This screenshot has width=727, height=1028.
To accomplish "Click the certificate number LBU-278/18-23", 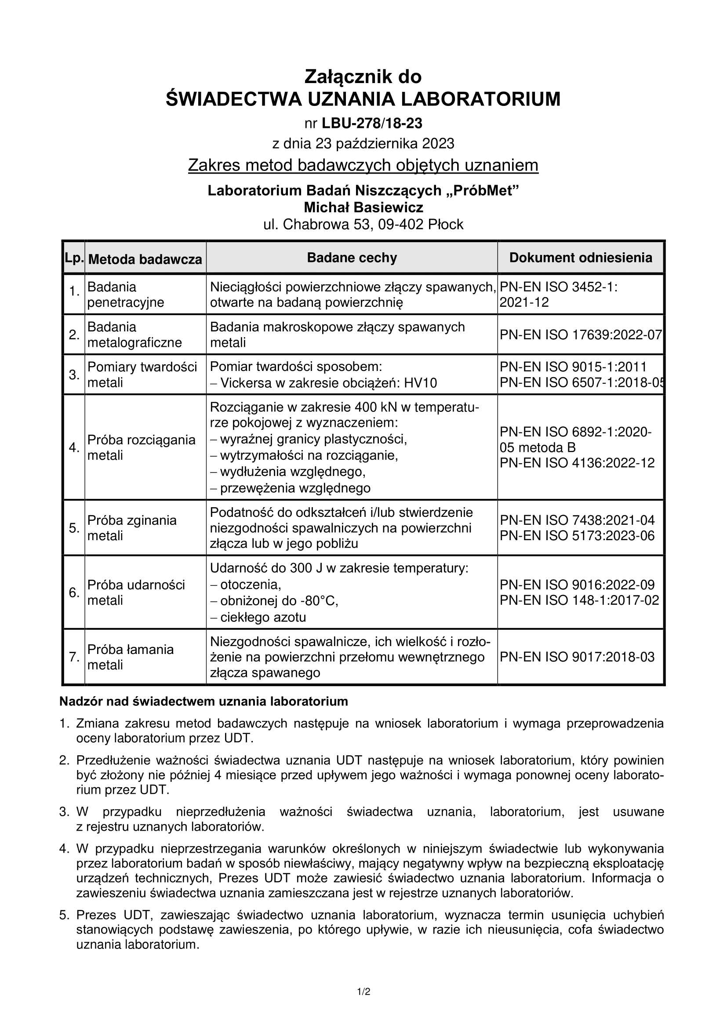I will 371,123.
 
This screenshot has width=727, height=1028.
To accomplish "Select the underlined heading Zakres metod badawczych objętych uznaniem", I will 363,165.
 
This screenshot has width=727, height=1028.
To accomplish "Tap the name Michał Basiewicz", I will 363,207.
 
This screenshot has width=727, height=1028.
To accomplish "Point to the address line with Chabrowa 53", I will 363,224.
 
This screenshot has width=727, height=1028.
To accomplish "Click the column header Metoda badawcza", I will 145,259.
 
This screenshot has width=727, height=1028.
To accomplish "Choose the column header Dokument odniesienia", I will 581,258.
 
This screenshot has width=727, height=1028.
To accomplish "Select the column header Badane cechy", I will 352,258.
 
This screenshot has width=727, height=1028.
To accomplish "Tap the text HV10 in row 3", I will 420,383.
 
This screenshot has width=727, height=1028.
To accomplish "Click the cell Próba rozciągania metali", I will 141,447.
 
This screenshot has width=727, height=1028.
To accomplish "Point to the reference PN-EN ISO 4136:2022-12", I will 577,462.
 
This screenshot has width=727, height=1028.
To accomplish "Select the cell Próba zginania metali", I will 131,528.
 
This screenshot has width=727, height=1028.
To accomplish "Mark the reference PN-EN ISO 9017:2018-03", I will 577,657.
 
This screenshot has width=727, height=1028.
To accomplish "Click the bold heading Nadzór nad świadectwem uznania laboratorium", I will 204,701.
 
